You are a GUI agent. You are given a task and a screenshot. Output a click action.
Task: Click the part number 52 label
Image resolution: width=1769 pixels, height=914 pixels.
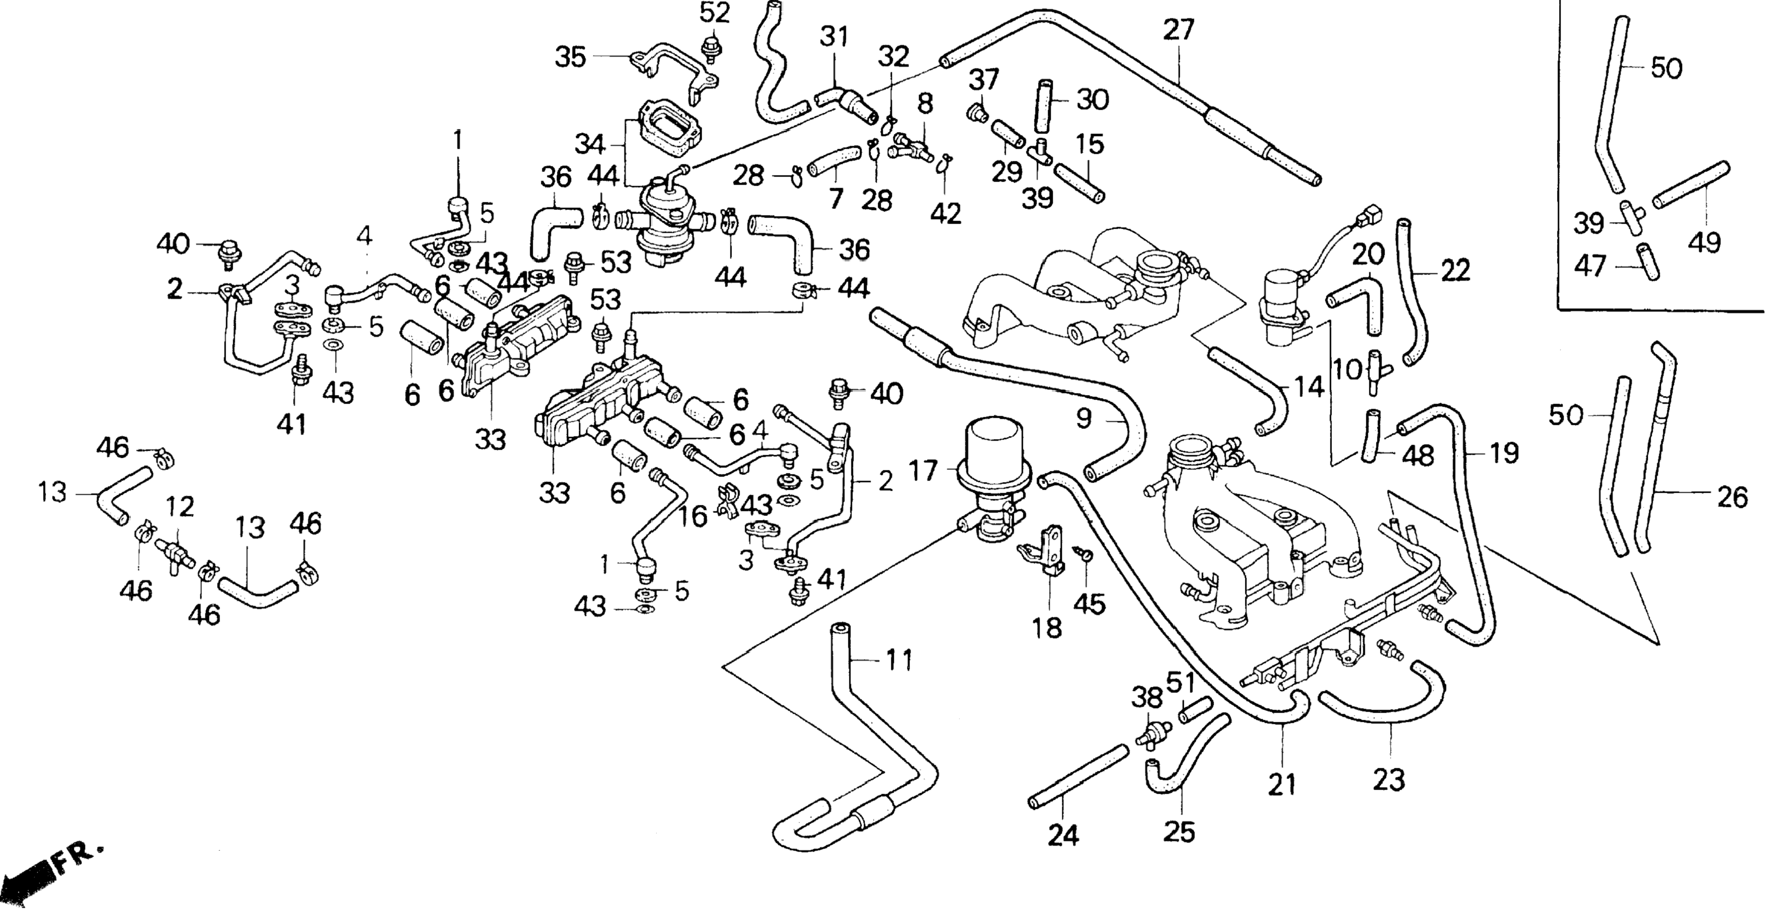click(x=714, y=13)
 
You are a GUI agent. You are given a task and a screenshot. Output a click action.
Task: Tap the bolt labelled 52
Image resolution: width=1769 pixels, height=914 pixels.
click(x=709, y=47)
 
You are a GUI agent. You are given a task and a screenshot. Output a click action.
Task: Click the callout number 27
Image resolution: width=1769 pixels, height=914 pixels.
click(x=1179, y=30)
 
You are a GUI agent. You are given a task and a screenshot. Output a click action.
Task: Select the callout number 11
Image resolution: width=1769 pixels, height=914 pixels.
click(x=897, y=661)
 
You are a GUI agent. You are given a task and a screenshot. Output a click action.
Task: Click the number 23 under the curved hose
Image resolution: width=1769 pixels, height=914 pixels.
click(x=1389, y=781)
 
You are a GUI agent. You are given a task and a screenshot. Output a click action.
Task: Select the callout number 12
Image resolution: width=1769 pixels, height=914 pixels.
click(x=181, y=507)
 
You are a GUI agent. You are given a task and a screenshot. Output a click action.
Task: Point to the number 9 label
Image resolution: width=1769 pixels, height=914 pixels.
click(x=1084, y=419)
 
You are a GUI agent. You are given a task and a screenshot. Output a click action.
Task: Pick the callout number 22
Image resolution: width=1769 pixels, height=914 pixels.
click(x=1455, y=270)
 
